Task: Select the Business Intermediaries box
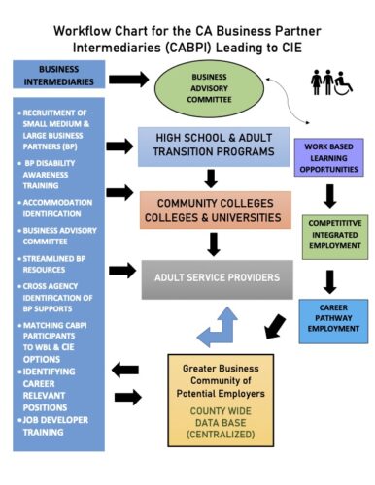click(x=59, y=76)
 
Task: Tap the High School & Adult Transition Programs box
click(x=214, y=147)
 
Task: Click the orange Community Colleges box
click(x=215, y=210)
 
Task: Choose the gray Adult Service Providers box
click(x=215, y=278)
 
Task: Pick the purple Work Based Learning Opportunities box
click(x=332, y=157)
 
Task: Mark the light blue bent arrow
click(x=221, y=327)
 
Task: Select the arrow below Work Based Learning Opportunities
click(x=330, y=197)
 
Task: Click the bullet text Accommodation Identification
click(x=54, y=207)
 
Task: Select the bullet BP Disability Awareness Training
click(x=54, y=175)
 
